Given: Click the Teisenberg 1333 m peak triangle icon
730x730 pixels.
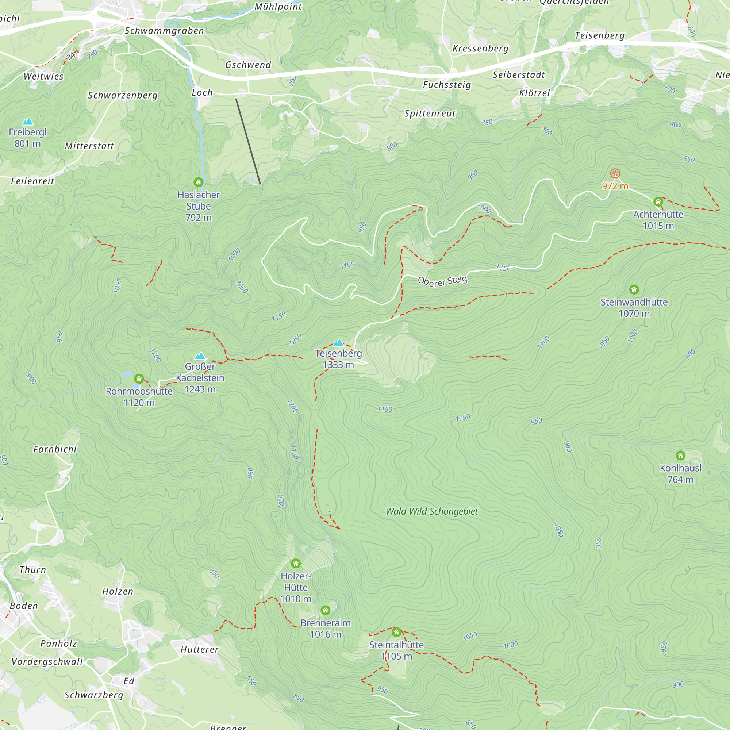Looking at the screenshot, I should tap(338, 343).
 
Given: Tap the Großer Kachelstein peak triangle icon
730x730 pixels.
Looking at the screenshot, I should tap(200, 356).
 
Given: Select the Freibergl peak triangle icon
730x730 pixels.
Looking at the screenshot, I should tap(28, 122).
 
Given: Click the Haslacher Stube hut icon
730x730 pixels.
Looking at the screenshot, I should tap(198, 182).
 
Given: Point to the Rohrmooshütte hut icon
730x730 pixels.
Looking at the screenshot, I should tap(139, 379).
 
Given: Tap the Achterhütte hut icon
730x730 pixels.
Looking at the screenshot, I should tap(658, 202).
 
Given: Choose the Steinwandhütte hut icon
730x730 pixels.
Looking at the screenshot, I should tap(634, 290).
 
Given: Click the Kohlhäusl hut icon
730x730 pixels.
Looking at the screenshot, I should tap(680, 455).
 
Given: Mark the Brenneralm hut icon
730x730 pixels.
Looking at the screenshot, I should tap(325, 610).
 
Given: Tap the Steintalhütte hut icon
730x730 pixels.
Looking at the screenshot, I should tap(396, 632).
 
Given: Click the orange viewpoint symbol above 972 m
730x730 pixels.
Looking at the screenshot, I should tap(615, 174).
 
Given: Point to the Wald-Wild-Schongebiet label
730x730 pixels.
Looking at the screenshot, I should tap(431, 512).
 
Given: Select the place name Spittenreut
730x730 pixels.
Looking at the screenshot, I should tap(430, 114).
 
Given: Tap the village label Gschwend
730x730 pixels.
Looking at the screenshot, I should tap(248, 65).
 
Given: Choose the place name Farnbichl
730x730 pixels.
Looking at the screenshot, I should tap(55, 449).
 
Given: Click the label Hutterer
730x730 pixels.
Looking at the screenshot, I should tap(200, 650).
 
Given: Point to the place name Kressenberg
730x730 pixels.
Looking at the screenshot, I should tap(480, 49).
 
